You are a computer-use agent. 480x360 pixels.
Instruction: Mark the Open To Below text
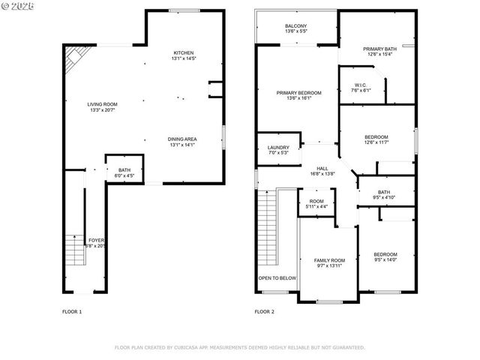(277, 277)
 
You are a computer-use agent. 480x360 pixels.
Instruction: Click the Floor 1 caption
(72, 311)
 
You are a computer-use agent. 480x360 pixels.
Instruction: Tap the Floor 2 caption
(264, 311)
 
